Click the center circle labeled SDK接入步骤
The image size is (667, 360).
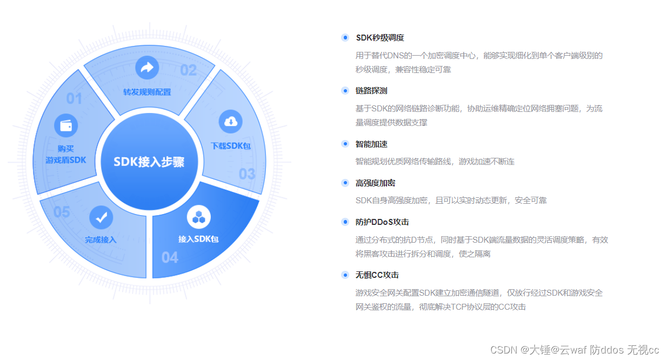149,162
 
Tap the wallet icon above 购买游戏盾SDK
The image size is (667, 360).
66,125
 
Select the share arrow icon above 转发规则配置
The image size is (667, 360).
146,68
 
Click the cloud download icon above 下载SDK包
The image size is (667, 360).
230,121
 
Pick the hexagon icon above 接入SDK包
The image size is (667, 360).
198,217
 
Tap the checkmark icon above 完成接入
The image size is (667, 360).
101,217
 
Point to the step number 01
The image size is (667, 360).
74,99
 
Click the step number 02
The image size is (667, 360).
188,70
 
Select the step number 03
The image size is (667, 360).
247,174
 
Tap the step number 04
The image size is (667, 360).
170,258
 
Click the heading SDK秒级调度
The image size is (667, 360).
379,38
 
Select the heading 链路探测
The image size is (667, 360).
371,91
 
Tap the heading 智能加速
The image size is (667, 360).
371,144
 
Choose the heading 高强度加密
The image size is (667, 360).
375,183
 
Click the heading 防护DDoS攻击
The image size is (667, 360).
382,222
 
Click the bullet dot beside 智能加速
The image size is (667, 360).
345,144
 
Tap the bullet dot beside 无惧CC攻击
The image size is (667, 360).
345,275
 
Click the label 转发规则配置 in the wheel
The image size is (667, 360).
147,92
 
